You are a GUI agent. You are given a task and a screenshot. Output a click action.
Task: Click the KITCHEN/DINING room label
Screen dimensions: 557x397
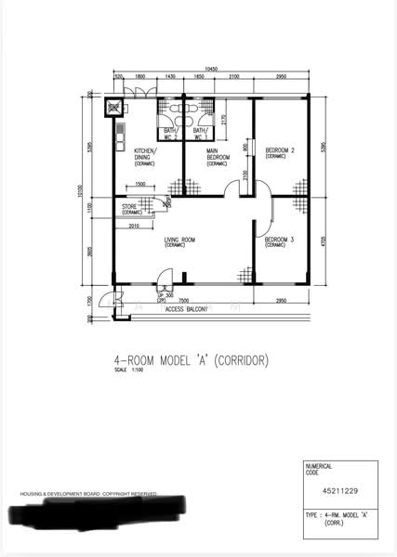coord(145,154)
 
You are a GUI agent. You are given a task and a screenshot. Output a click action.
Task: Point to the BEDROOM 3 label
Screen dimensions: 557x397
coord(279,242)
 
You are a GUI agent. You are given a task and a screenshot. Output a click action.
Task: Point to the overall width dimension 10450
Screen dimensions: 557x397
coord(212,70)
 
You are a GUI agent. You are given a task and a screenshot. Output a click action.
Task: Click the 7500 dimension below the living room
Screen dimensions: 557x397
coord(184,300)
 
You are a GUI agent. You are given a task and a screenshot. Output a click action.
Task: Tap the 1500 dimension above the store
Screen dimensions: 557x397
coord(139,184)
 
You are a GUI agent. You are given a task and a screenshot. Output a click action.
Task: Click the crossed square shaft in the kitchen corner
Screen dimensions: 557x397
coord(115,109)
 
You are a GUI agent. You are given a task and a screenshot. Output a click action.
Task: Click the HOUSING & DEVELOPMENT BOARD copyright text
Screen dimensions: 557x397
coord(89,493)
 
